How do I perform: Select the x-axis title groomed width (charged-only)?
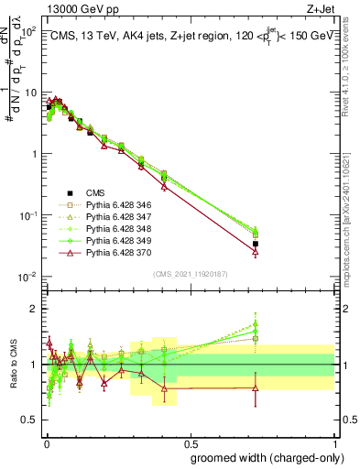[x=262, y=457]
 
